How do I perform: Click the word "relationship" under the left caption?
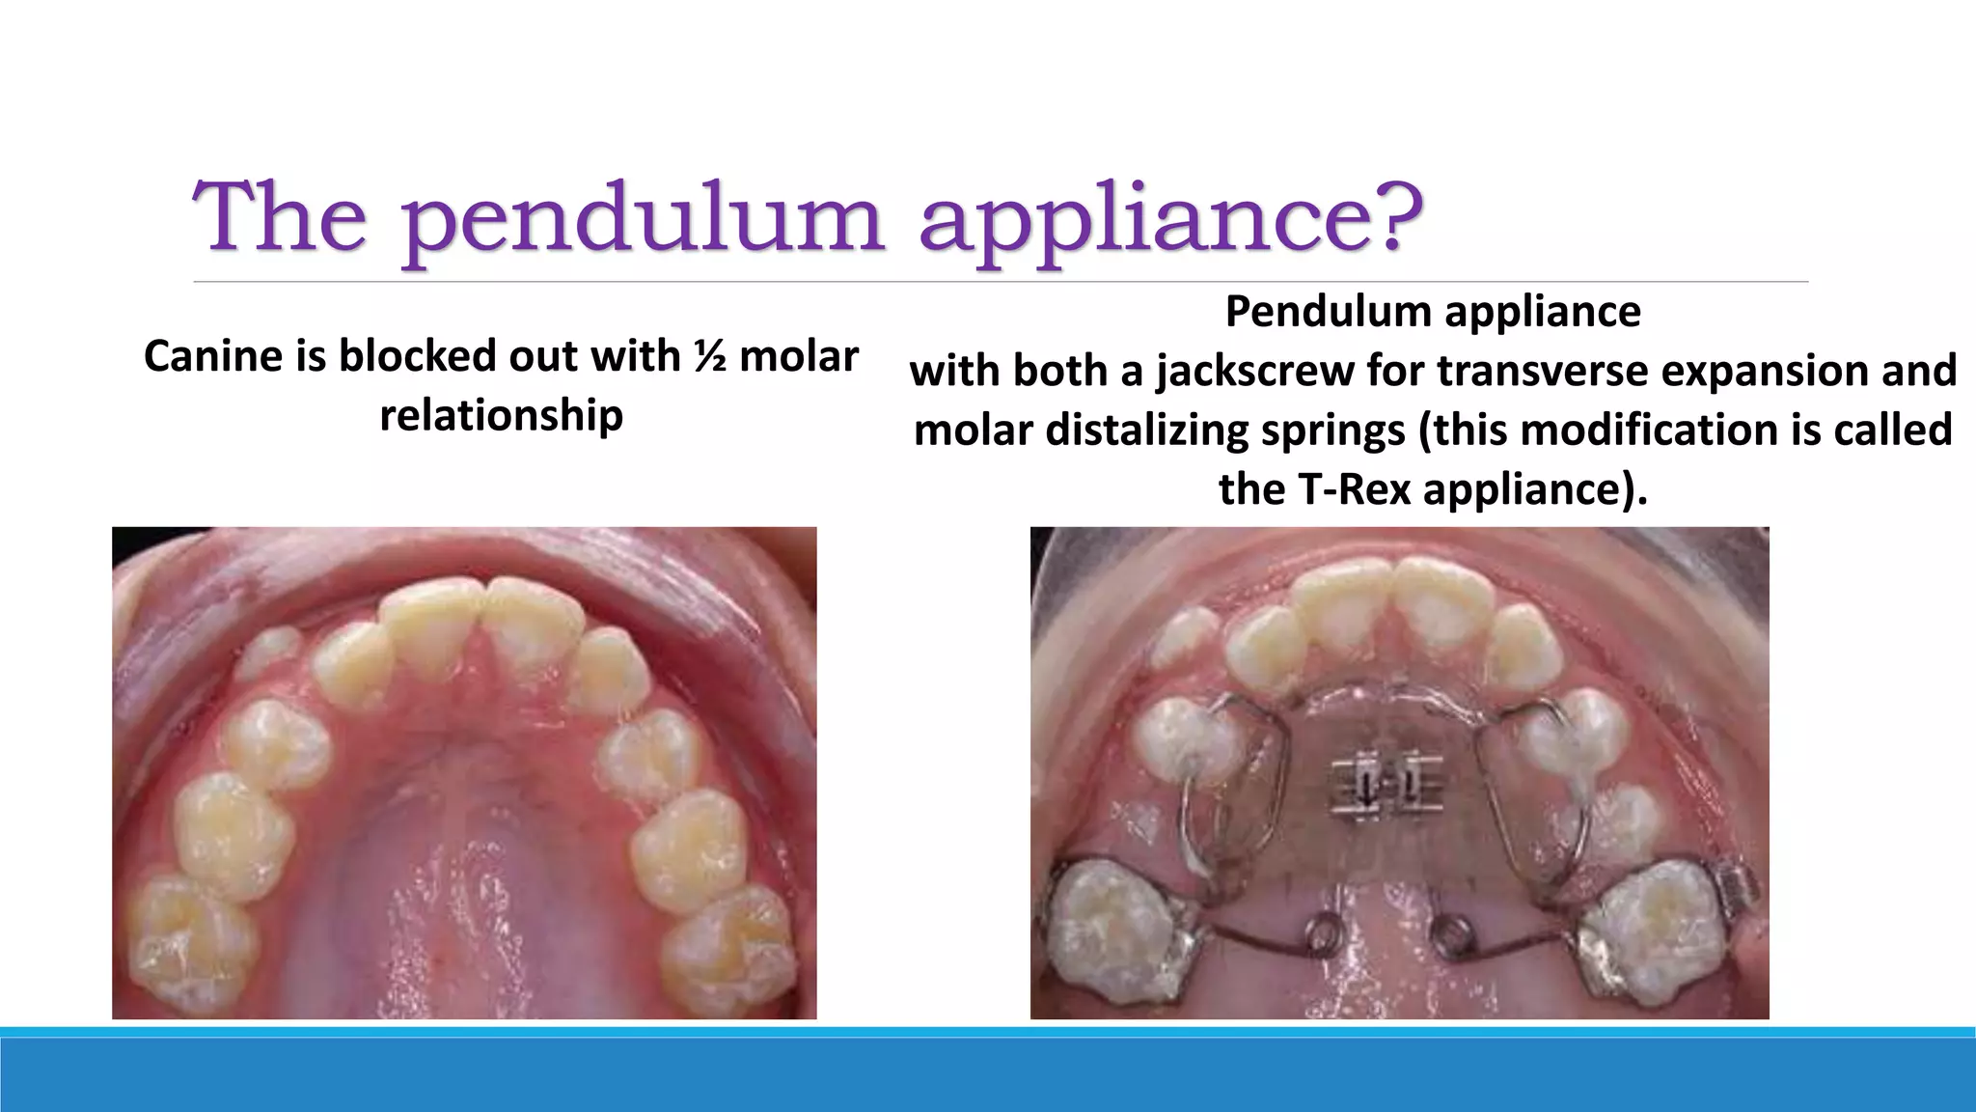point(501,415)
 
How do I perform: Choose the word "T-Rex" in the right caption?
point(1351,489)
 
